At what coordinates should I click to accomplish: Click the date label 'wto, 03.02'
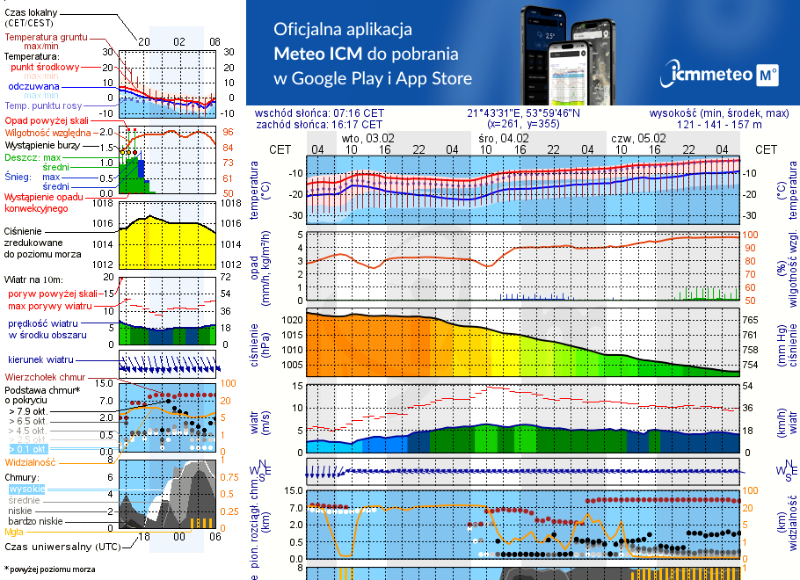368,139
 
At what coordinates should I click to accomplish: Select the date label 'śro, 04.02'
504,139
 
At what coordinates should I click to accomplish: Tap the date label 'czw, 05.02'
639,139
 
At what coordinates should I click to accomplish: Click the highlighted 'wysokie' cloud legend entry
25,489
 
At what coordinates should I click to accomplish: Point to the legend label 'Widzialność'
31,461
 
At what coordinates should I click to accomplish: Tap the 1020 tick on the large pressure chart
291,321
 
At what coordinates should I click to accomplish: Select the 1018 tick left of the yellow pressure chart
104,203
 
